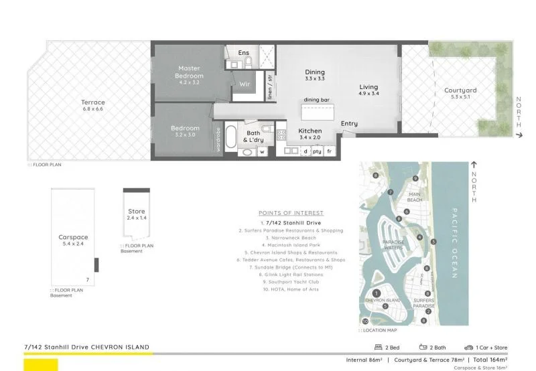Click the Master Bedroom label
point(189,72)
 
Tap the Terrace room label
point(93,102)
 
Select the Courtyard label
point(460,90)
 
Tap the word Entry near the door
point(349,124)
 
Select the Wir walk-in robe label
point(245,84)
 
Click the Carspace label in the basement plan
point(72,237)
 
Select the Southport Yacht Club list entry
point(291,282)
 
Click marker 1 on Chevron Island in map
point(377,293)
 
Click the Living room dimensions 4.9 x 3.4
point(368,94)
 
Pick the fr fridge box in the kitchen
point(330,151)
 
